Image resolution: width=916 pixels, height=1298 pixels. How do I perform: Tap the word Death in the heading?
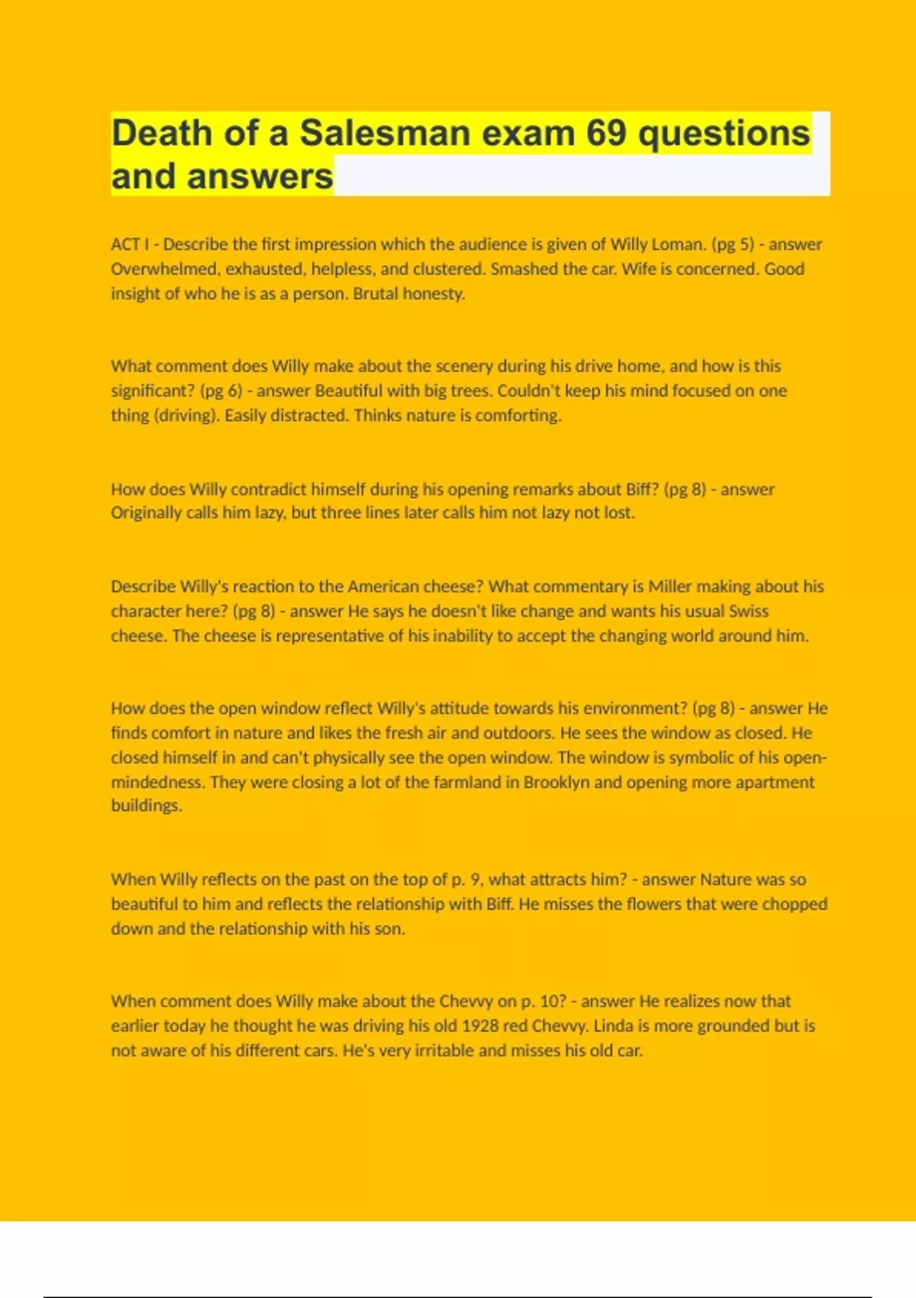coord(161,134)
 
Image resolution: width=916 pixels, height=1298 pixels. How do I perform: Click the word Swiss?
coord(748,611)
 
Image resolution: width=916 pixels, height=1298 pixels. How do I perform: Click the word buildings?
coord(146,806)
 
